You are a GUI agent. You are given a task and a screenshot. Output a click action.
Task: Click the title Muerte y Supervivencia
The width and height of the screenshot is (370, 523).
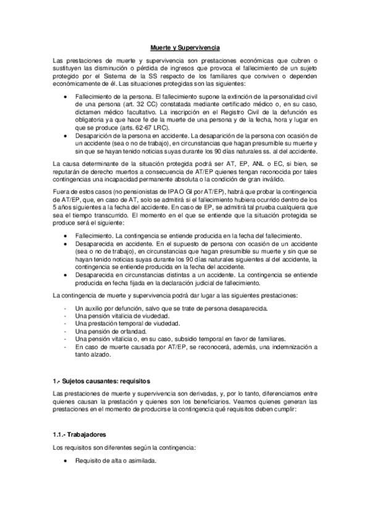(185, 47)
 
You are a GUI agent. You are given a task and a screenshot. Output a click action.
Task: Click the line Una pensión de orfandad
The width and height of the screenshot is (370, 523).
(104, 331)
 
